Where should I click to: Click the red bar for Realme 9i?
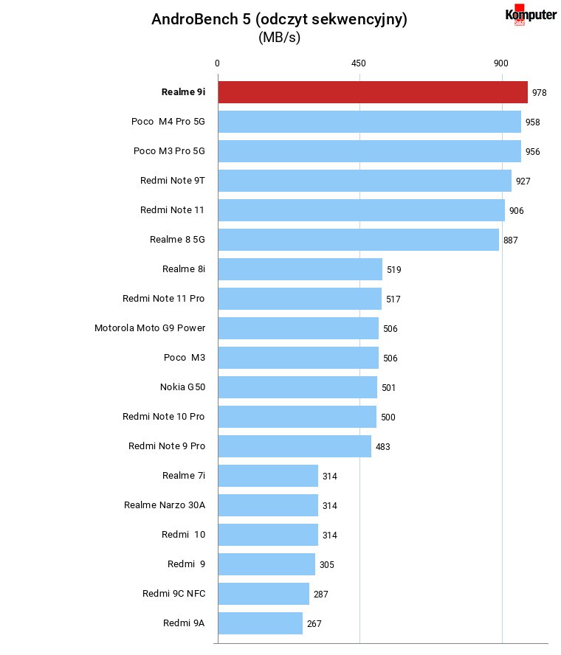(373, 92)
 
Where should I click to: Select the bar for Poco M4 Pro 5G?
(370, 122)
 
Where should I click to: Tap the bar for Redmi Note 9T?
(365, 181)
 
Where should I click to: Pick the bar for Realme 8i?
(300, 269)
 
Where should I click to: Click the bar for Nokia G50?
(297, 387)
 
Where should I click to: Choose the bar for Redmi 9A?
(261, 623)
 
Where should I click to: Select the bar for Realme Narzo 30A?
(268, 505)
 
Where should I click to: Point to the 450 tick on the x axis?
(359, 63)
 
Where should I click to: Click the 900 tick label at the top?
(500, 63)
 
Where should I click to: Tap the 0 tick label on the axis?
(217, 63)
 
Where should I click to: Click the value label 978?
(540, 93)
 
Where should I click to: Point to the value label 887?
(510, 240)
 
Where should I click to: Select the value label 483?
(383, 446)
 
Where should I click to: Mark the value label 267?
(314, 624)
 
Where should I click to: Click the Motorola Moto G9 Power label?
(150, 328)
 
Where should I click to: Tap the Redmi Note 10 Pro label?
(163, 417)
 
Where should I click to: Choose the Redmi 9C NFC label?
(174, 594)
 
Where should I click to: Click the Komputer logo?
(531, 15)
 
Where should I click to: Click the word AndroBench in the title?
(195, 19)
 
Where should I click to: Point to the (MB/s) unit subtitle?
(279, 38)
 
